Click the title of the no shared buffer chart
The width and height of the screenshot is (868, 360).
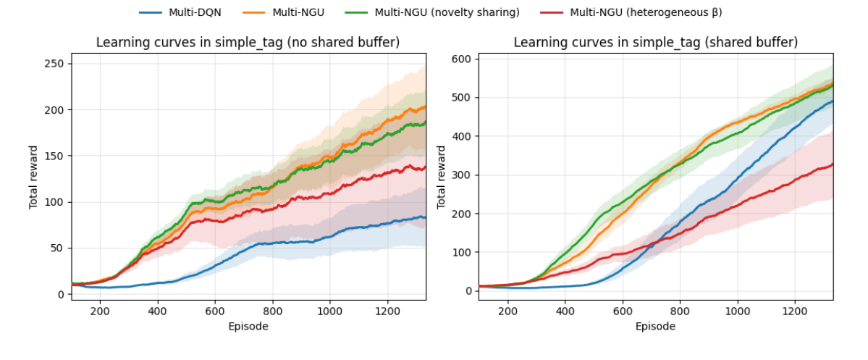click(x=248, y=43)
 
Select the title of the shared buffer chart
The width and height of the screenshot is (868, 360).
click(x=656, y=43)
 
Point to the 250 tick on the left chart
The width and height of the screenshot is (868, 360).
click(x=54, y=64)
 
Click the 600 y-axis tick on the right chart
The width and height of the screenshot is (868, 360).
click(x=463, y=59)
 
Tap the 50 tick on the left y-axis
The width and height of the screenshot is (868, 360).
click(x=57, y=248)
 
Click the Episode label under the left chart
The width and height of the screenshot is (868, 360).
click(x=248, y=326)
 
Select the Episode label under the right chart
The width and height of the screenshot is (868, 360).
click(x=656, y=326)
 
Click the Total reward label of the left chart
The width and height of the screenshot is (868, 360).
click(x=33, y=177)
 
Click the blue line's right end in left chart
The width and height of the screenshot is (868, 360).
click(x=425, y=217)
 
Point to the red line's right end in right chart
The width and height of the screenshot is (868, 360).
click(x=833, y=164)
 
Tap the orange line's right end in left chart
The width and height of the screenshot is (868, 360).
click(x=425, y=107)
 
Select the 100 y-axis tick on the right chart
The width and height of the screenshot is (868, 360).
click(x=463, y=252)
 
